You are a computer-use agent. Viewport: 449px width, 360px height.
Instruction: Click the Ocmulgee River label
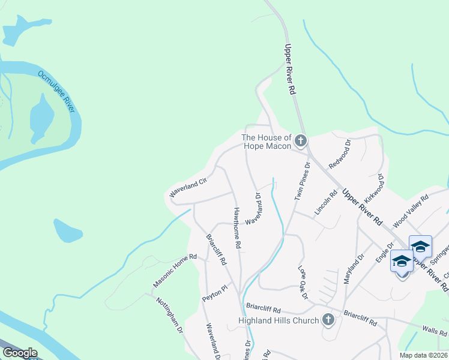[x=56, y=91]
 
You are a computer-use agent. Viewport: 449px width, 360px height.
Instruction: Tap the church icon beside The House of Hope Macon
[x=300, y=142]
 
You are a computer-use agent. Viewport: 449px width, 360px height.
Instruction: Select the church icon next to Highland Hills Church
[x=328, y=320]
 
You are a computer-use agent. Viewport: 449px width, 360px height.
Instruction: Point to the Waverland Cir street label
[x=188, y=187]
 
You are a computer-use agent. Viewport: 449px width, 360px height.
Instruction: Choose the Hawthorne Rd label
[x=237, y=229]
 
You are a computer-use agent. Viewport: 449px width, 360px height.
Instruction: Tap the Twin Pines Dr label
[x=301, y=181]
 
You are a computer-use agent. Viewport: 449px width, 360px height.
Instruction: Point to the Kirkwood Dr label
[x=374, y=190]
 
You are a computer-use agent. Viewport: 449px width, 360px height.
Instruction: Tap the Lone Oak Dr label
[x=303, y=282]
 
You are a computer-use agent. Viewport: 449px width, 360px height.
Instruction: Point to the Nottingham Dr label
[x=169, y=316]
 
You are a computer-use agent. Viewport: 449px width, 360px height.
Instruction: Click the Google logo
[x=20, y=353]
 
